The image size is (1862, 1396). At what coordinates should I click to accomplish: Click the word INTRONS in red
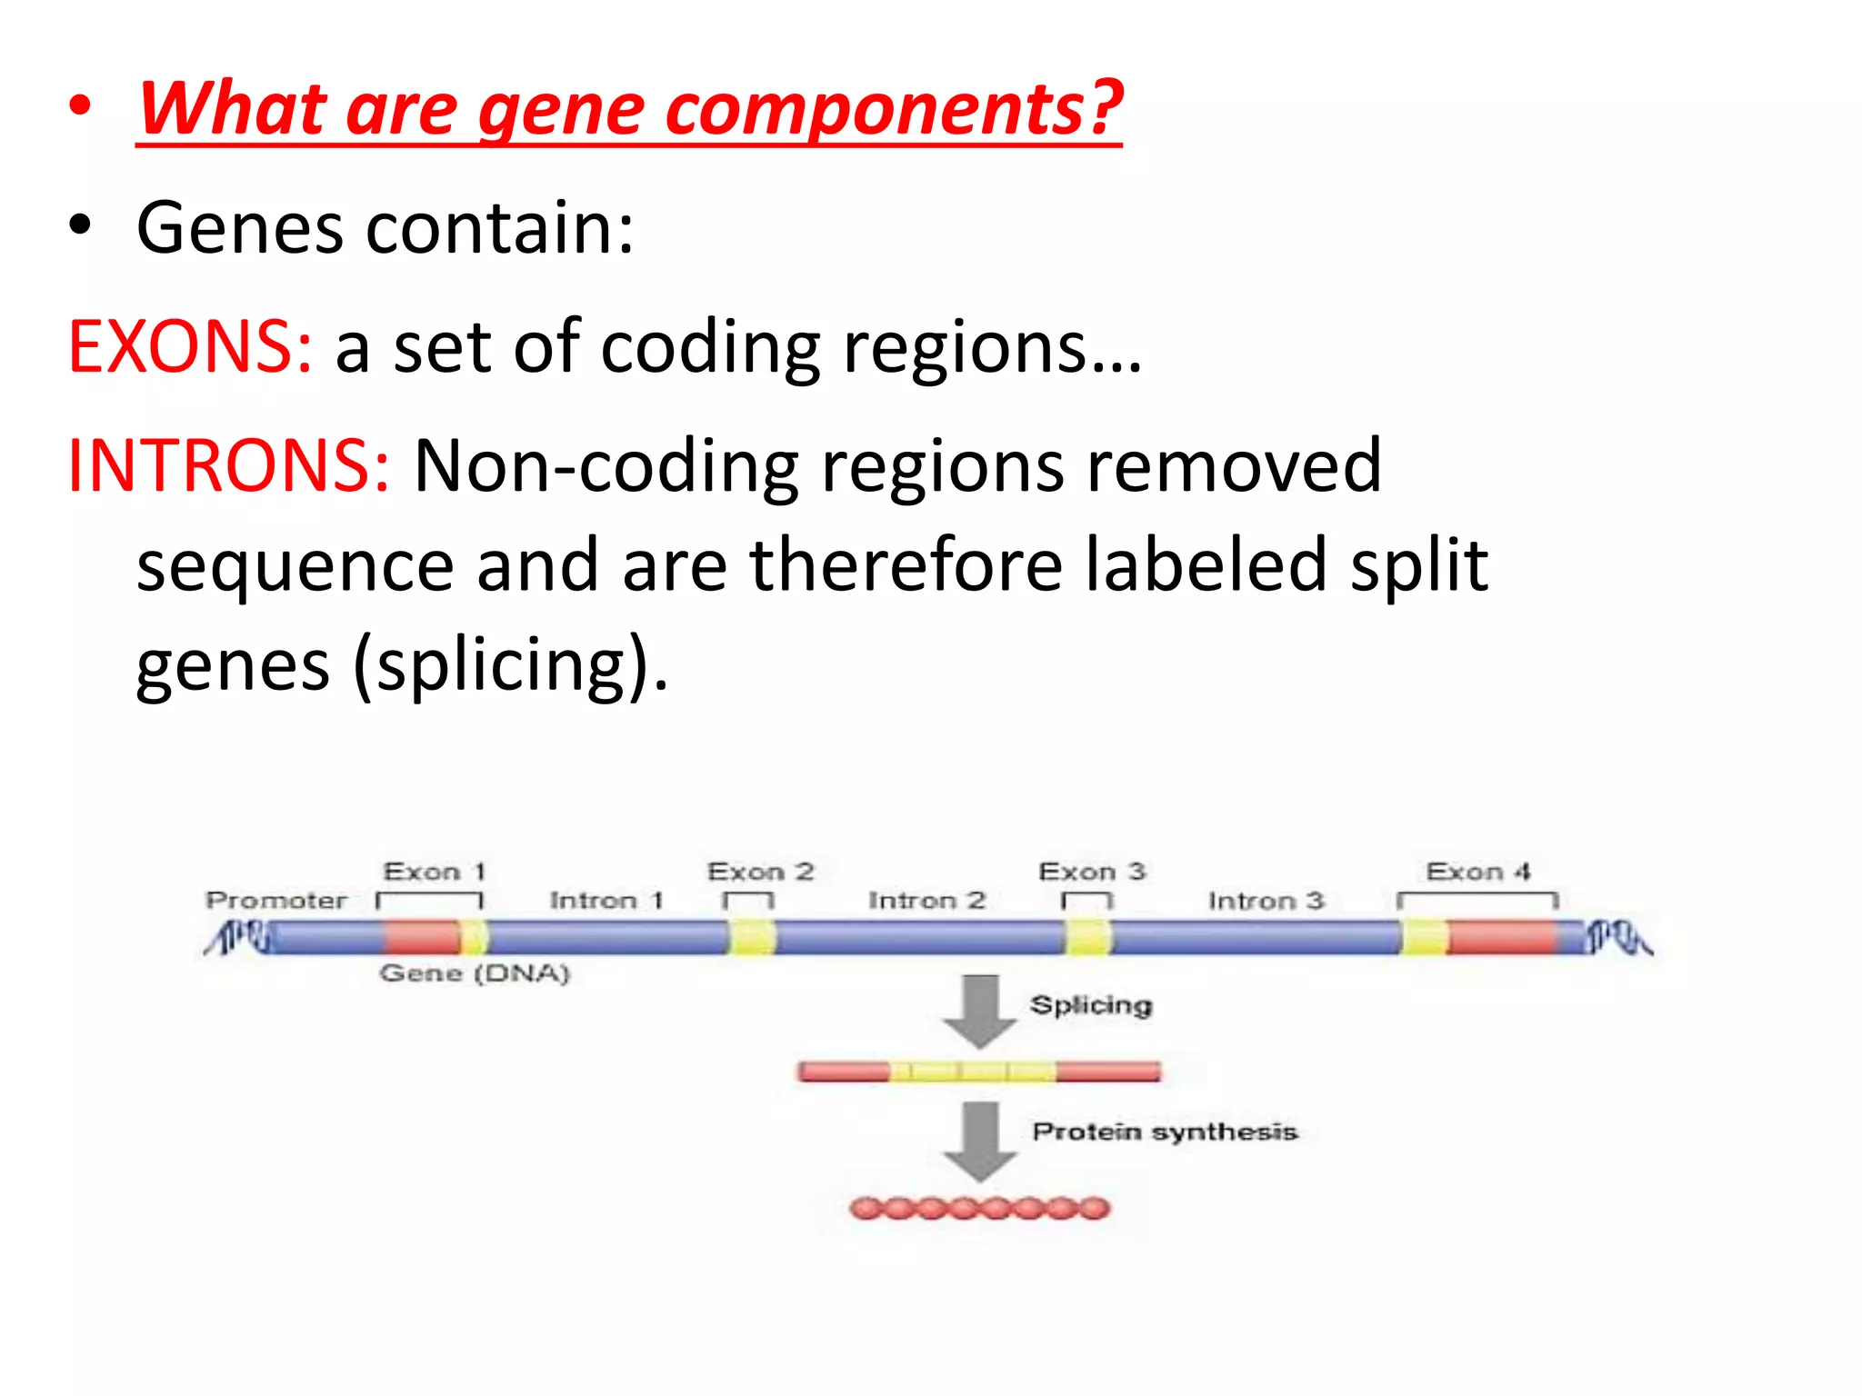click(x=228, y=465)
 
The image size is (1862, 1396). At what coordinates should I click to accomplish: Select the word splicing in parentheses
click(x=502, y=665)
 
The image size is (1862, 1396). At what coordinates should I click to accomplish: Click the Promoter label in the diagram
click(x=276, y=901)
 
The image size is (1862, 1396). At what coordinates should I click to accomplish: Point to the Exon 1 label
click(x=435, y=872)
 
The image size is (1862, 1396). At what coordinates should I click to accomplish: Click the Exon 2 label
click(x=760, y=872)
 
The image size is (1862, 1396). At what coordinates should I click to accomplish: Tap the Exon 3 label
click(x=1091, y=872)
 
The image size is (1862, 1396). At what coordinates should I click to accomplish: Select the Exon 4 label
click(x=1478, y=872)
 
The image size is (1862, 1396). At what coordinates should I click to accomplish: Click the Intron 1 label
click(x=606, y=901)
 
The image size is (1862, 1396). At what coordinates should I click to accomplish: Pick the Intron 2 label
click(x=926, y=901)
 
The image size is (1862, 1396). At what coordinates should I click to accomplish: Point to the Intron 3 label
click(x=1266, y=901)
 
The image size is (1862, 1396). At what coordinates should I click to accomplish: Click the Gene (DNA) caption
click(x=475, y=973)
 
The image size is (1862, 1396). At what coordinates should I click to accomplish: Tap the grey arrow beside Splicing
click(x=980, y=1009)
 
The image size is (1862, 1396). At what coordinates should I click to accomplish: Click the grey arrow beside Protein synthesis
click(x=980, y=1140)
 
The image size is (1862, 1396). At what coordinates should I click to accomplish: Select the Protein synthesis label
click(x=1165, y=1132)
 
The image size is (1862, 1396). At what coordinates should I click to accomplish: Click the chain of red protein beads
click(x=980, y=1208)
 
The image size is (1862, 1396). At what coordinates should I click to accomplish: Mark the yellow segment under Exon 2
click(x=753, y=937)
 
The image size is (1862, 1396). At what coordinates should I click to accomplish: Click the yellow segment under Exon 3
click(x=1087, y=937)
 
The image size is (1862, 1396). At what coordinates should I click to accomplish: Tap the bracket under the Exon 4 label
click(x=1478, y=897)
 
